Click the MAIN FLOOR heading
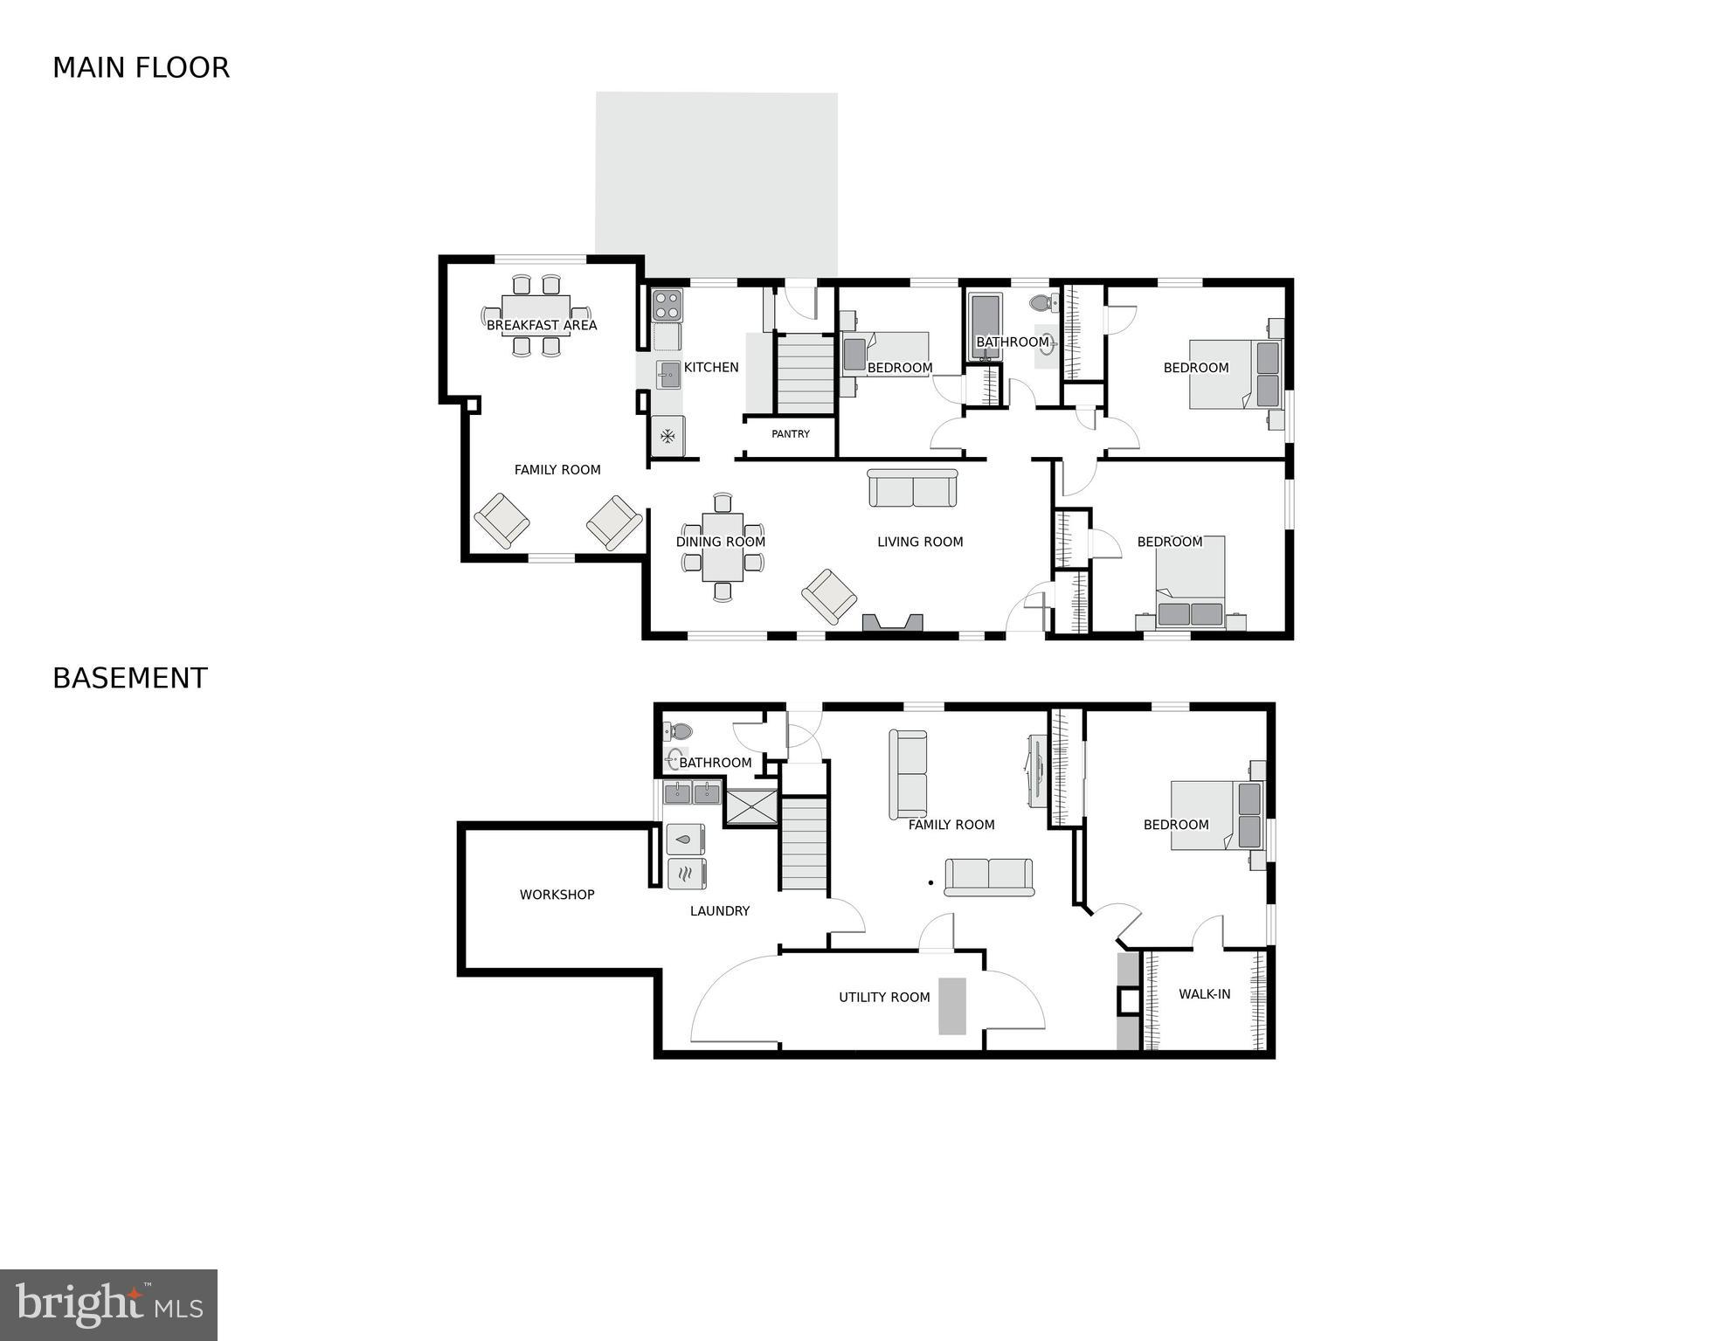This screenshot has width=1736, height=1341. [141, 68]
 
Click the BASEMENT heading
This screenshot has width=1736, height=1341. [130, 679]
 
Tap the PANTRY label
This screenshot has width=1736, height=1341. [791, 434]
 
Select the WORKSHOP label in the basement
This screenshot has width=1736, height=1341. [557, 895]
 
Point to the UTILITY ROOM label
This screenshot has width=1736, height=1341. [884, 997]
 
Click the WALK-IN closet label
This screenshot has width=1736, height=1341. [1204, 994]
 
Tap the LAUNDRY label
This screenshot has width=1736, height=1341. [719, 911]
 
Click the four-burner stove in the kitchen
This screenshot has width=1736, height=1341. [667, 305]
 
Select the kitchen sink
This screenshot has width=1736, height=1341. [669, 375]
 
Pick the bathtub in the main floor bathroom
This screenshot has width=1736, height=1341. [986, 327]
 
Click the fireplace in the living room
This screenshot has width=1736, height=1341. [892, 622]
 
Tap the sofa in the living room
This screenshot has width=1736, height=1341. [913, 488]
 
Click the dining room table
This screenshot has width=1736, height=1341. [722, 548]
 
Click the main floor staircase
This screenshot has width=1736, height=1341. [805, 375]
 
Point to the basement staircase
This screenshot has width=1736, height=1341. [804, 843]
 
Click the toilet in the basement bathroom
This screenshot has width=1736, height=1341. [678, 731]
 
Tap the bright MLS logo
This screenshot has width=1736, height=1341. [108, 1305]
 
